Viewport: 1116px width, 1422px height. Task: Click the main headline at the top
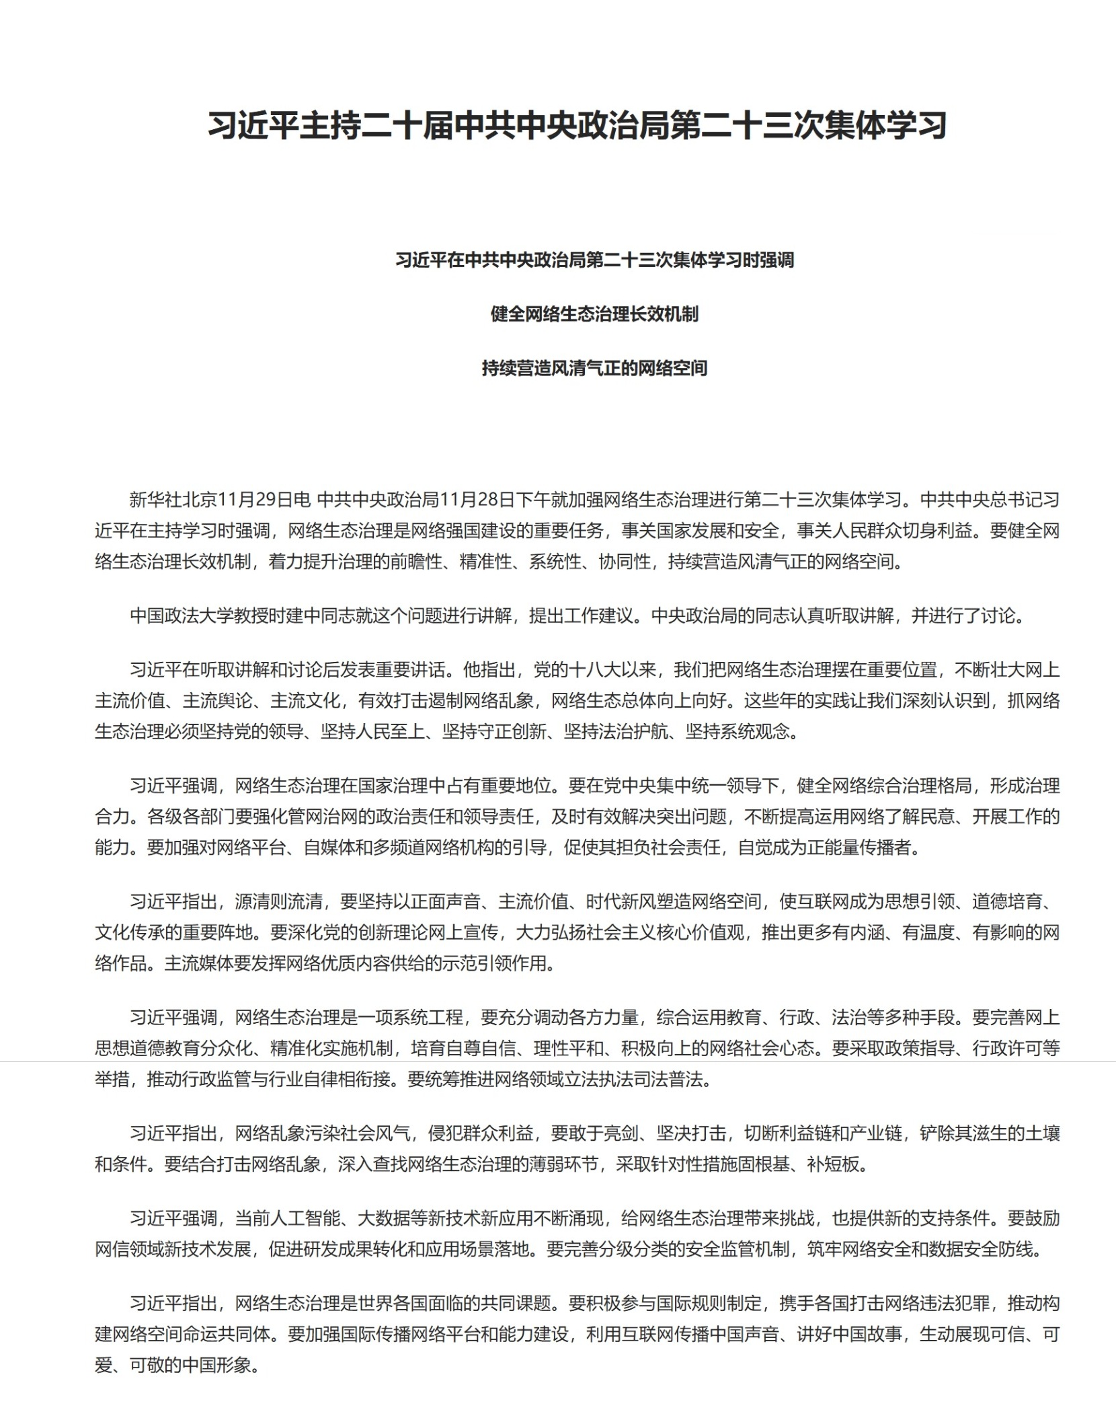click(x=577, y=125)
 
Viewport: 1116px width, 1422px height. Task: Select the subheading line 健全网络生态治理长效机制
click(x=594, y=314)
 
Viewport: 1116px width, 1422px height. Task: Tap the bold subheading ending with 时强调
click(x=594, y=260)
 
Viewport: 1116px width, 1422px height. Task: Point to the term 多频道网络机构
click(x=434, y=848)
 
